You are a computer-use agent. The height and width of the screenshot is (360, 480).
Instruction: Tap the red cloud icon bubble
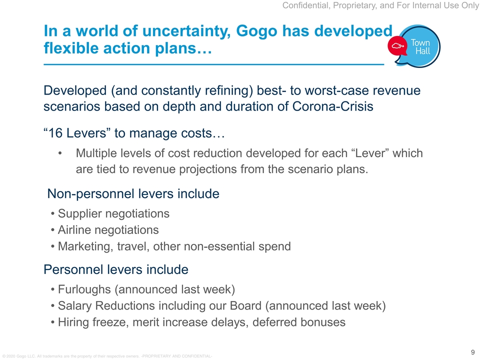(x=397, y=46)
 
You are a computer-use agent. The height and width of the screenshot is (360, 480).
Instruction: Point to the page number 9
(x=472, y=352)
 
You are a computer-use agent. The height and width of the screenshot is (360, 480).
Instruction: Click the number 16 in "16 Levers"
(x=55, y=133)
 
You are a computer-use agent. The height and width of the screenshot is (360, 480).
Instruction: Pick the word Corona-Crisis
(x=333, y=106)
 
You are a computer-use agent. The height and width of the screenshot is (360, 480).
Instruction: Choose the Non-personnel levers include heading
(x=133, y=194)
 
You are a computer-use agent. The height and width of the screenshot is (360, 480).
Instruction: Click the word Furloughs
(x=84, y=289)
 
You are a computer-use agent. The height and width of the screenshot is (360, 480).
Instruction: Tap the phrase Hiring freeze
(x=93, y=322)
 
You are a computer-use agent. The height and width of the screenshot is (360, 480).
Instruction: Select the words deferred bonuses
(x=299, y=322)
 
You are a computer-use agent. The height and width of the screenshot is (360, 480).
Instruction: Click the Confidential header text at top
(x=381, y=5)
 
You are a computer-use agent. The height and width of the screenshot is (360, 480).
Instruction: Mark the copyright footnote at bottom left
(x=107, y=356)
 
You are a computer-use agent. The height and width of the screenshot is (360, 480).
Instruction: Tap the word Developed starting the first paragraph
(x=75, y=90)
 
